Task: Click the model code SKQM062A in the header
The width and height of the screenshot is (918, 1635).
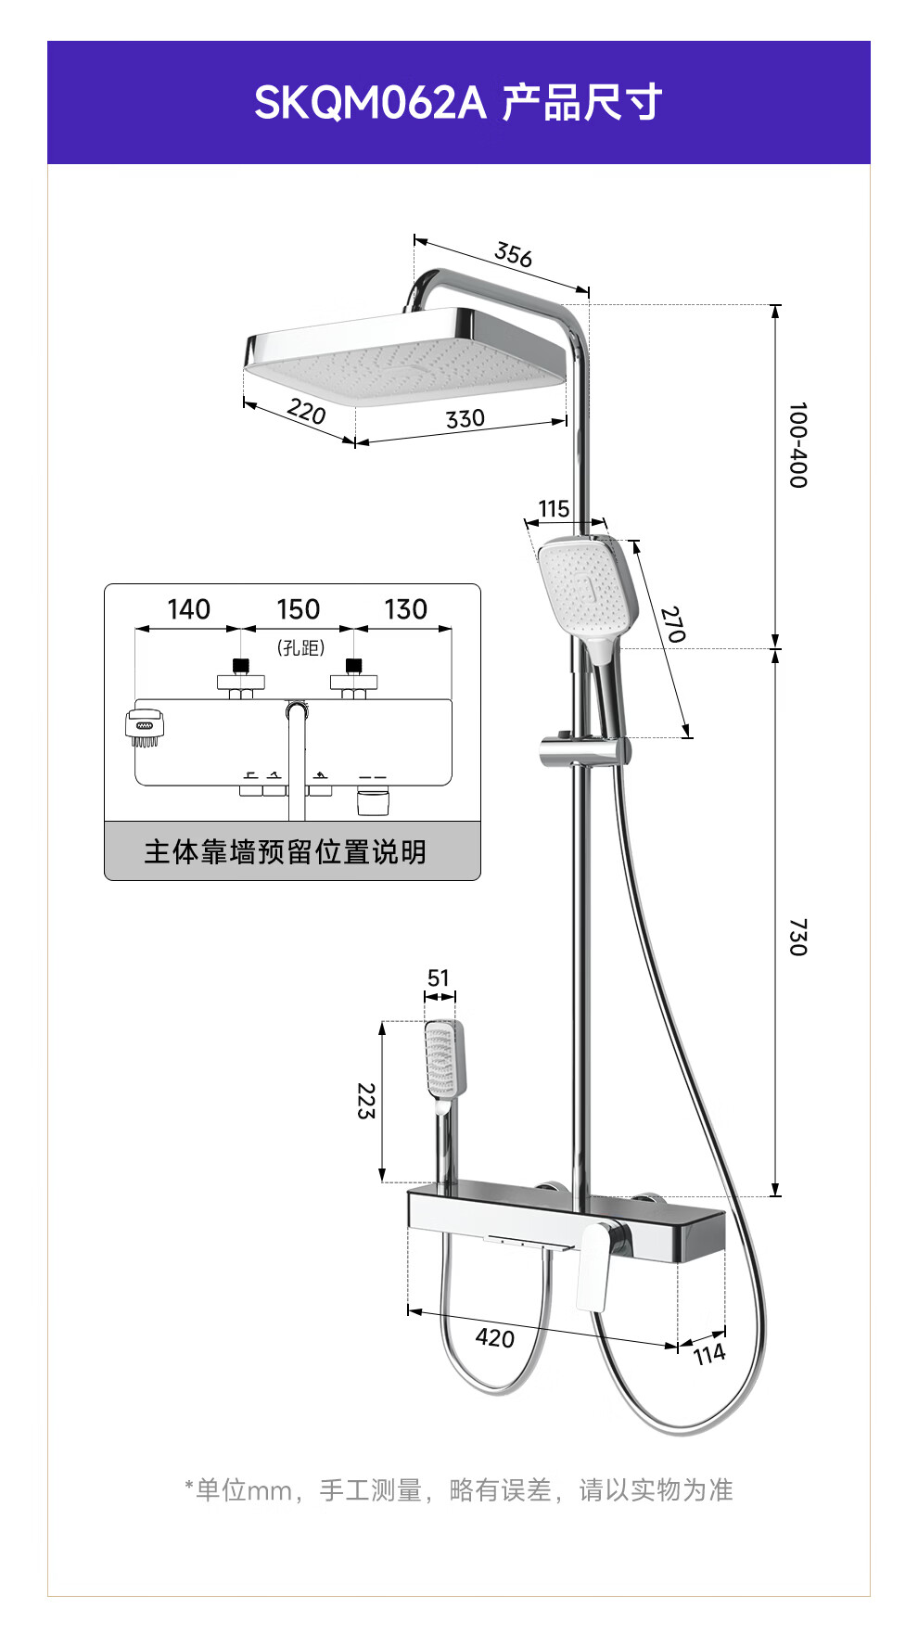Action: click(x=370, y=102)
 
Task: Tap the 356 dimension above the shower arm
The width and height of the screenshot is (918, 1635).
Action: click(x=514, y=254)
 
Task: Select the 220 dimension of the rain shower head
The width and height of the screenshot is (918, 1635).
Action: click(x=306, y=411)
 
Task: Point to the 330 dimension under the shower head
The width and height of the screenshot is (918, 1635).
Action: click(x=465, y=419)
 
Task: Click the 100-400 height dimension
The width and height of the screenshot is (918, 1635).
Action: click(x=797, y=445)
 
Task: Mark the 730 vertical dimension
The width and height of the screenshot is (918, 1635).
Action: click(x=797, y=937)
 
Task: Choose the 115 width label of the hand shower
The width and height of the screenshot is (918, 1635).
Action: click(x=554, y=508)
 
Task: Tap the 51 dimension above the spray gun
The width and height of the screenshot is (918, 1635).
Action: click(x=439, y=977)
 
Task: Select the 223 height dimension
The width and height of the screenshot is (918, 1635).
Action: click(x=366, y=1101)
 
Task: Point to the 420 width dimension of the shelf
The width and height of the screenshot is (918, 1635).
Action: click(x=494, y=1337)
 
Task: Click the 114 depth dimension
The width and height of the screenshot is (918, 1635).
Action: click(x=709, y=1355)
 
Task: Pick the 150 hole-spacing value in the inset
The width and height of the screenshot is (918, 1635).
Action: click(x=298, y=609)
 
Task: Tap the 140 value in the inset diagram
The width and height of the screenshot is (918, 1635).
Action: click(x=188, y=609)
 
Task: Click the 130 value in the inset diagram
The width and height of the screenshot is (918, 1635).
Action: click(x=405, y=609)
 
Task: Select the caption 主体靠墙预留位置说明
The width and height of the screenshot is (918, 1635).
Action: click(x=285, y=851)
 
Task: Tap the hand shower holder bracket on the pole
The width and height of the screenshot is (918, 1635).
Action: click(x=584, y=750)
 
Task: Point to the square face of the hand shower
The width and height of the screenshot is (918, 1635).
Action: click(x=578, y=584)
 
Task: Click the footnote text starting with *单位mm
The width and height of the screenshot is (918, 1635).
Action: click(x=458, y=1489)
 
